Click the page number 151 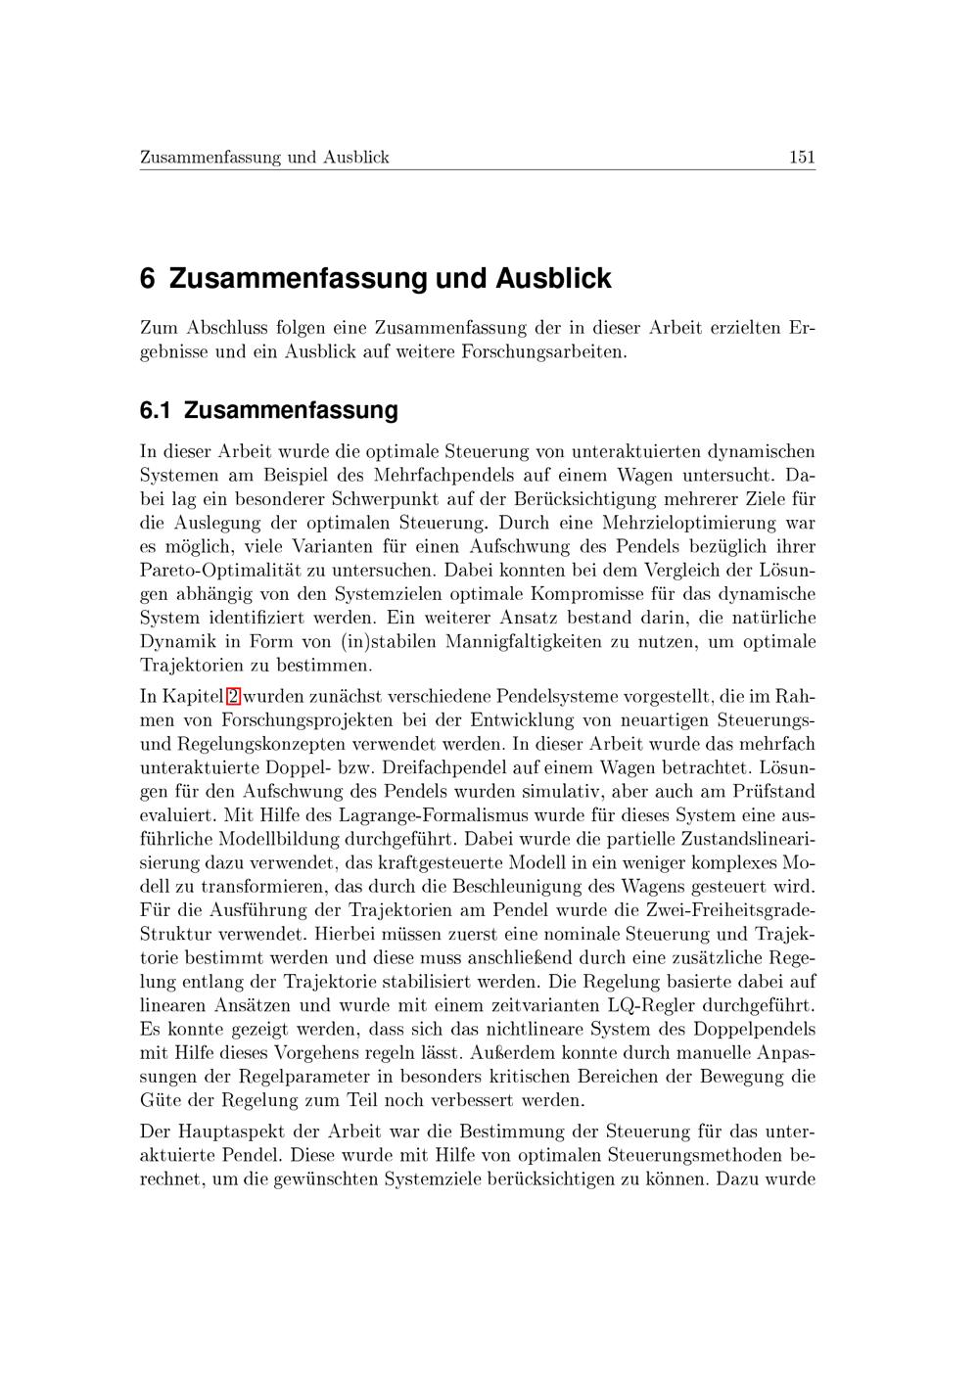[x=801, y=157]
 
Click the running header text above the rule [x=264, y=157]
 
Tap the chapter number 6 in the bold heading [x=148, y=279]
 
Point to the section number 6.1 [x=156, y=410]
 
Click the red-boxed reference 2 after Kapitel [x=233, y=697]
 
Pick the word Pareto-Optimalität [x=208, y=571]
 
